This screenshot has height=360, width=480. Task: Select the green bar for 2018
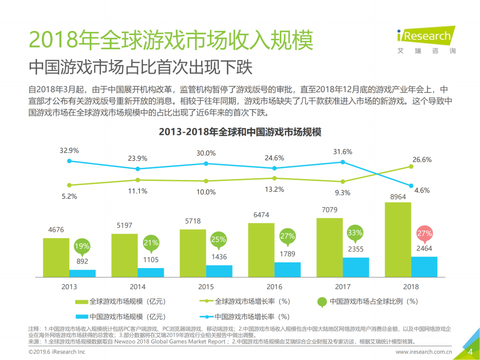point(397,240)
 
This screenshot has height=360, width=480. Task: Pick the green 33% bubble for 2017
point(355,232)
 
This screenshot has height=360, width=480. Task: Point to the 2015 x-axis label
point(206,286)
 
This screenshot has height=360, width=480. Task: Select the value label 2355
point(355,249)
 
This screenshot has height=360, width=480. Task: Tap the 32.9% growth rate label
point(69,151)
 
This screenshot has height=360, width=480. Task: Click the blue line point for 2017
point(343,162)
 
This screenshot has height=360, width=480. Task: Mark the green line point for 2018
point(411,166)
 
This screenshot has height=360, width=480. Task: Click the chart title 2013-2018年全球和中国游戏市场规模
point(240,132)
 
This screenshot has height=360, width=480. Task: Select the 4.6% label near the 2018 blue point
point(422,190)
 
